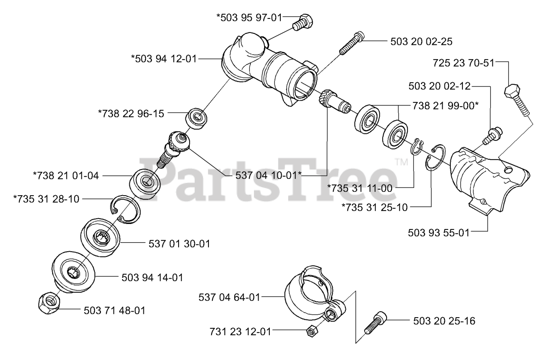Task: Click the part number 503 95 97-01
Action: tap(249, 18)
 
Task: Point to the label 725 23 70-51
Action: tap(464, 63)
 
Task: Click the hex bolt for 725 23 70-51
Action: tap(517, 100)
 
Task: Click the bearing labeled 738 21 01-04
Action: tap(145, 183)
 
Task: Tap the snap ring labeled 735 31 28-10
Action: tap(125, 209)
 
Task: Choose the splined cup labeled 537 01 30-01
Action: tap(101, 238)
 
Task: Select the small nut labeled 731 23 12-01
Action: tap(312, 331)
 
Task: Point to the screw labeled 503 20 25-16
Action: tap(375, 323)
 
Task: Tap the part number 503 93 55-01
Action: tap(439, 232)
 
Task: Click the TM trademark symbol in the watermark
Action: tap(402, 162)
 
